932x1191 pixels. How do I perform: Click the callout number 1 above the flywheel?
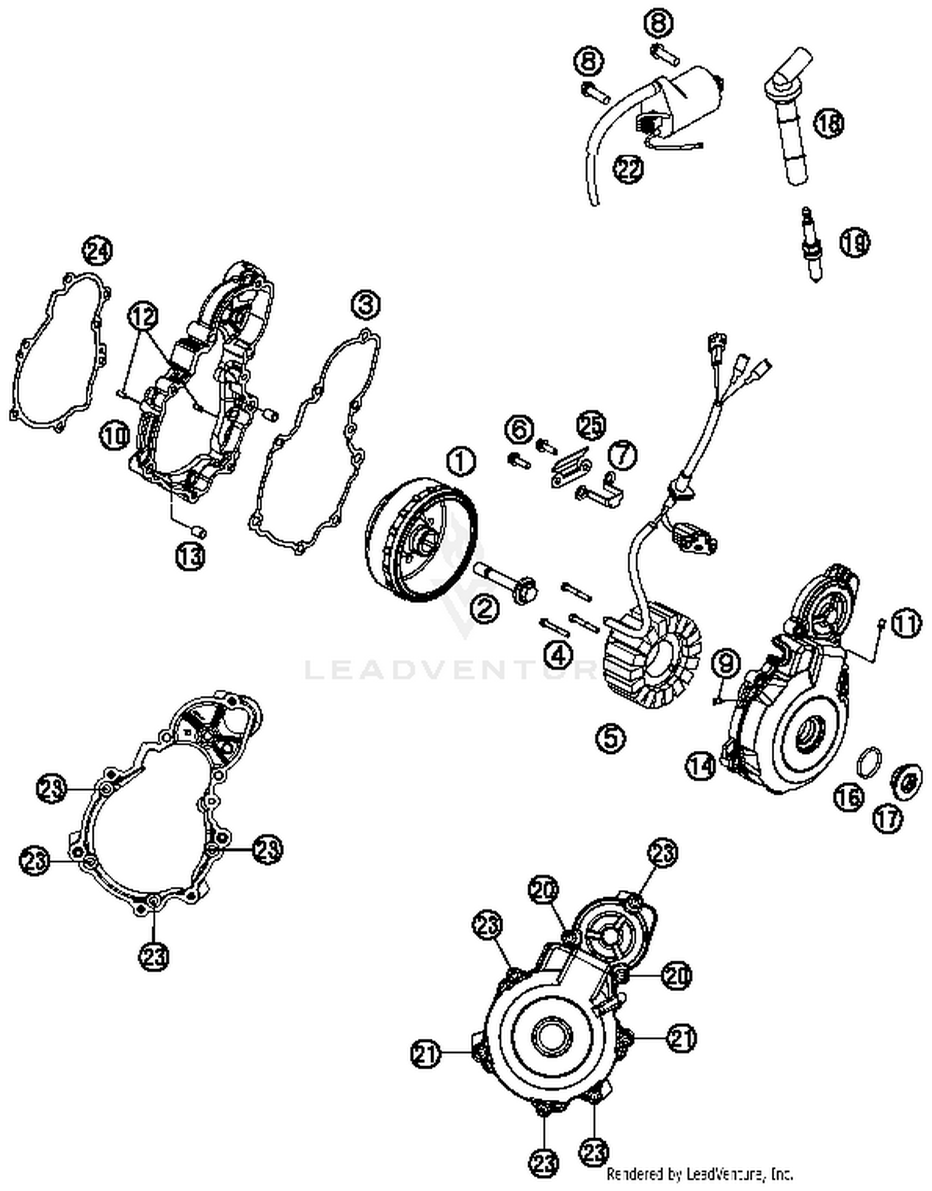pos(460,461)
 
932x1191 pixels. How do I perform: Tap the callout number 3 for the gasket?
pos(365,306)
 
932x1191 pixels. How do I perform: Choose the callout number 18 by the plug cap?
pos(829,122)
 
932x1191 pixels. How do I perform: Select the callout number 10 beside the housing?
pos(114,435)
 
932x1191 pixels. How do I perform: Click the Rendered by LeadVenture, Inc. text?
pos(700,1174)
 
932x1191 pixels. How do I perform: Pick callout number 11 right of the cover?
pos(906,625)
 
